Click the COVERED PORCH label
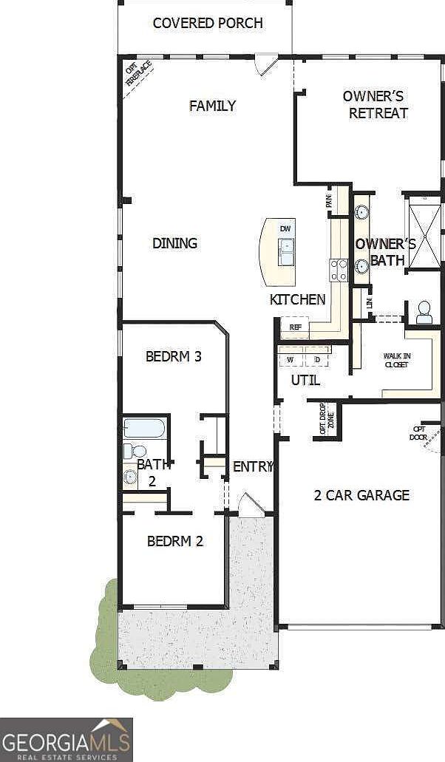[x=208, y=23]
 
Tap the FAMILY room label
[x=212, y=106]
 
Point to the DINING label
[x=175, y=242]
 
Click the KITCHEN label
[x=297, y=299]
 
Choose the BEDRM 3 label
[x=174, y=356]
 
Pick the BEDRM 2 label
[x=175, y=541]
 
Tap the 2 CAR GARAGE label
[x=361, y=495]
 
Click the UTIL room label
[x=305, y=381]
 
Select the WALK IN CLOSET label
[x=397, y=360]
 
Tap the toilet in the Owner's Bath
[x=424, y=312]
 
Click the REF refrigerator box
[x=295, y=327]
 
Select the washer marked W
[x=291, y=359]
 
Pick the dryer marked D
[x=317, y=359]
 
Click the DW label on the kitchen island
[x=285, y=229]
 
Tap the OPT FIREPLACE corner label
[x=138, y=73]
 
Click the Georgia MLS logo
[x=67, y=739]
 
